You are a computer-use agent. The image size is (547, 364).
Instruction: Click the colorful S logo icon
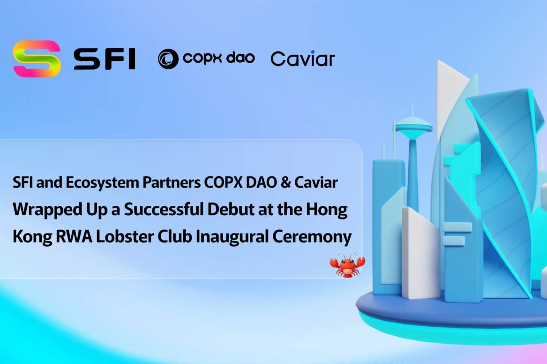[37, 58]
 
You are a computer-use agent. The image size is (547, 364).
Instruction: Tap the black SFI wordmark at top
[105, 59]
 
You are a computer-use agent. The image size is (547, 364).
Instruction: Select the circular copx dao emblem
[168, 59]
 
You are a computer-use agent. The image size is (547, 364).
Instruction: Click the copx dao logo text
[219, 58]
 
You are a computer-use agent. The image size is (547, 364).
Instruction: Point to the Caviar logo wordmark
[303, 58]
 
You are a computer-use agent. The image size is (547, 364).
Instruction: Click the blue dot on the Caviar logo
[313, 52]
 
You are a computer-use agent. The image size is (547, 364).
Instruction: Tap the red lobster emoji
[347, 266]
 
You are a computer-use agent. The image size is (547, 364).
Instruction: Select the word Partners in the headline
[172, 182]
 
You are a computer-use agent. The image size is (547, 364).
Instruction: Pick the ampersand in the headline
[286, 182]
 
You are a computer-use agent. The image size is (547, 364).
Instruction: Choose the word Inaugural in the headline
[232, 237]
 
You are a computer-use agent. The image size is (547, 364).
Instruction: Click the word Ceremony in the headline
[312, 237]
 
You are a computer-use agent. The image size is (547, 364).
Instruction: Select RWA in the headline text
[74, 237]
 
